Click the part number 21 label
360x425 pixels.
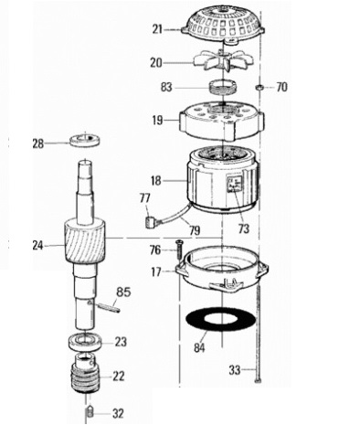[x=157, y=30]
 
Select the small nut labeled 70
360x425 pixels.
[x=259, y=88]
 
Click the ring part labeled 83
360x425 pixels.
[x=223, y=87]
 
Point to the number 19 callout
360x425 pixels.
[x=157, y=121]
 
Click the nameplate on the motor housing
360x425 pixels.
[x=235, y=184]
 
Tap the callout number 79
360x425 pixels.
[x=194, y=230]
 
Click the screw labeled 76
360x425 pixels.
[x=178, y=250]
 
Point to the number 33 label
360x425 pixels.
[x=235, y=370]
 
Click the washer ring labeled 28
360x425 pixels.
[x=85, y=141]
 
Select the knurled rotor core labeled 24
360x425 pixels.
[x=85, y=241]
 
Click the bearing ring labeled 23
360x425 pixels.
[x=85, y=341]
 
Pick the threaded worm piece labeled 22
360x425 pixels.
[x=86, y=374]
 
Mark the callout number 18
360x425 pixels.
[x=155, y=181]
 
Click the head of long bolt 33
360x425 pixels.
[x=259, y=379]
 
